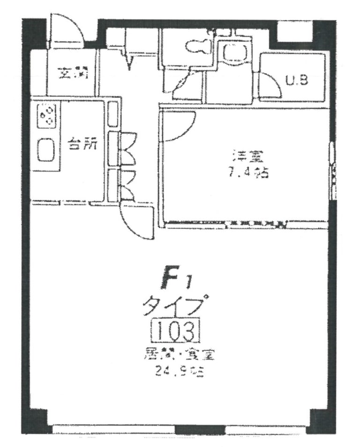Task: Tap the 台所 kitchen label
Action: click(82, 144)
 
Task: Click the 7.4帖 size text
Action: click(248, 174)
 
